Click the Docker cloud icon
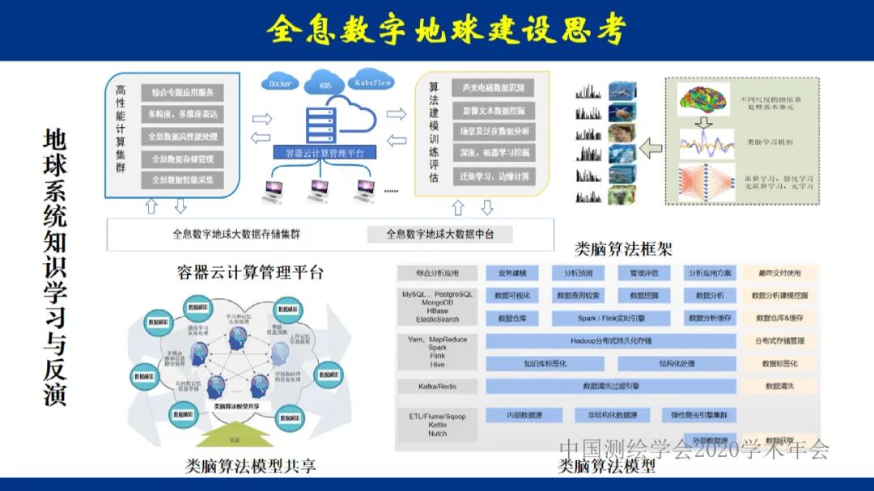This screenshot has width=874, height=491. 281,83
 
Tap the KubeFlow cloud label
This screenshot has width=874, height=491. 372,82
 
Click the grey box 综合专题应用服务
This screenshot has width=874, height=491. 183,92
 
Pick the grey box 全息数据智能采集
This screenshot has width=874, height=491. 183,180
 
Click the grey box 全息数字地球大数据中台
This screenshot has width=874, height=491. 439,235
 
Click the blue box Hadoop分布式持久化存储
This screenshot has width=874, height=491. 611,341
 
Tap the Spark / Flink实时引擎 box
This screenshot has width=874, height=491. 611,319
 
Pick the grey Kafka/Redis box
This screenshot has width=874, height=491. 437,387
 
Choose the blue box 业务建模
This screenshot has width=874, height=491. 512,273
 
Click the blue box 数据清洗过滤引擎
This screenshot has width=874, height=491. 611,387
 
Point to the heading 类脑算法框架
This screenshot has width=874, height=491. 623,248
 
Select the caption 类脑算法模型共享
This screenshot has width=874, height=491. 250,466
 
